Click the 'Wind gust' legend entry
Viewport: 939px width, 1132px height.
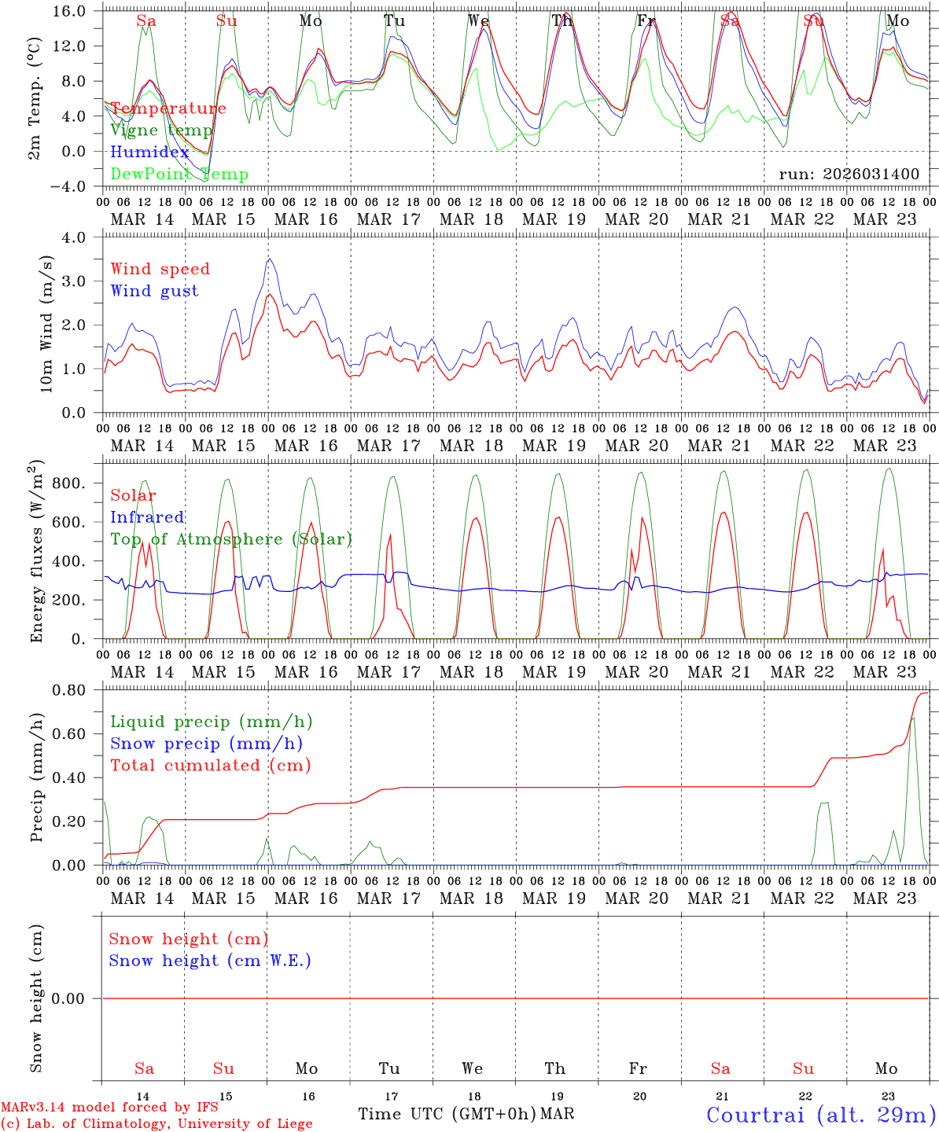point(154,291)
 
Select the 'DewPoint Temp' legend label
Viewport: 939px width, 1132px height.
point(179,174)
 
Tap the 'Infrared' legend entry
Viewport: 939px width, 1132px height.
point(147,517)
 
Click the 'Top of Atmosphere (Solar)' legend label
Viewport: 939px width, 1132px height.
point(230,539)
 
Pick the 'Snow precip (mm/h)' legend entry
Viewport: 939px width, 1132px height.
point(206,744)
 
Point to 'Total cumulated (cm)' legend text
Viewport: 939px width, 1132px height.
point(210,765)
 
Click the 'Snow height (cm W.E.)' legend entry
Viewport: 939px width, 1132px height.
point(210,961)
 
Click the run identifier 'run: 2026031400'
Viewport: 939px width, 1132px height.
point(849,174)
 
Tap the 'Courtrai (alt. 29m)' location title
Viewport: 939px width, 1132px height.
point(820,1115)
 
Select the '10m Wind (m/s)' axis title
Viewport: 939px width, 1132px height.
point(46,324)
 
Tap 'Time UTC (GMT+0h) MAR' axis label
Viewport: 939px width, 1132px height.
point(466,1114)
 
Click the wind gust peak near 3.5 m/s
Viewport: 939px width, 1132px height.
point(270,259)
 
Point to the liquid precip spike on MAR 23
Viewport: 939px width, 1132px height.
point(913,718)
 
